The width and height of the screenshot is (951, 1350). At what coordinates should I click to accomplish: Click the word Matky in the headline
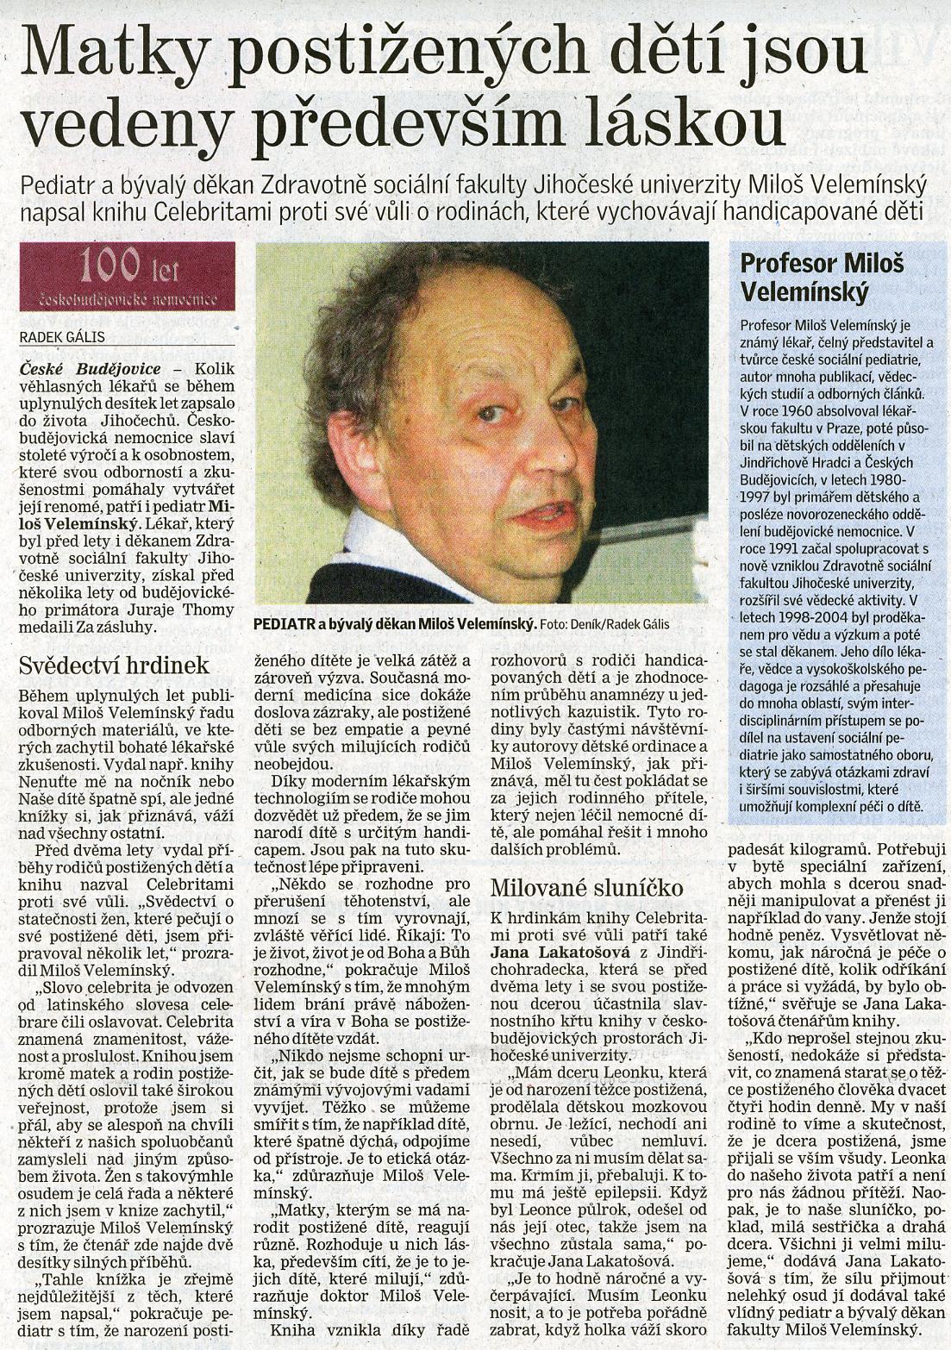113,53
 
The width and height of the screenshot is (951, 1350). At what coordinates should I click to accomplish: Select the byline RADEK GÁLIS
62,338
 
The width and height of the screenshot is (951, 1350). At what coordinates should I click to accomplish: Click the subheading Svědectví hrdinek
114,666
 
